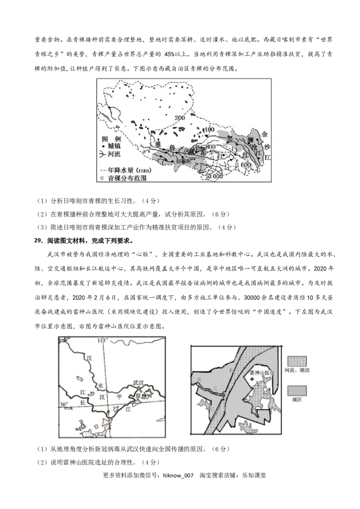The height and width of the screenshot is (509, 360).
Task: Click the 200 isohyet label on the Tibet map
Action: click(180, 117)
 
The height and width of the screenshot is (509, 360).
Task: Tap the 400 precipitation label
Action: click(208, 130)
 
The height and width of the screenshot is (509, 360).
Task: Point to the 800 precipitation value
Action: click(211, 147)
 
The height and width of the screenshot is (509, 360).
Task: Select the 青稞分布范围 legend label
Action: click(127, 178)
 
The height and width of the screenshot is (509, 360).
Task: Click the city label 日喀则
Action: click(183, 161)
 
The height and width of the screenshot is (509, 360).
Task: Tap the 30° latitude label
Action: click(65, 405)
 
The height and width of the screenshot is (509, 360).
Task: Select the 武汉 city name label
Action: click(138, 383)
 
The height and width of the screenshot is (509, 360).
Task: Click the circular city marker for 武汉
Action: click(139, 391)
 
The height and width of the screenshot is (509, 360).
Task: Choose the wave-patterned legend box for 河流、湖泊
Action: click(297, 361)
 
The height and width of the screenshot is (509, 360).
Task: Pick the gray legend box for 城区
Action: click(297, 389)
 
